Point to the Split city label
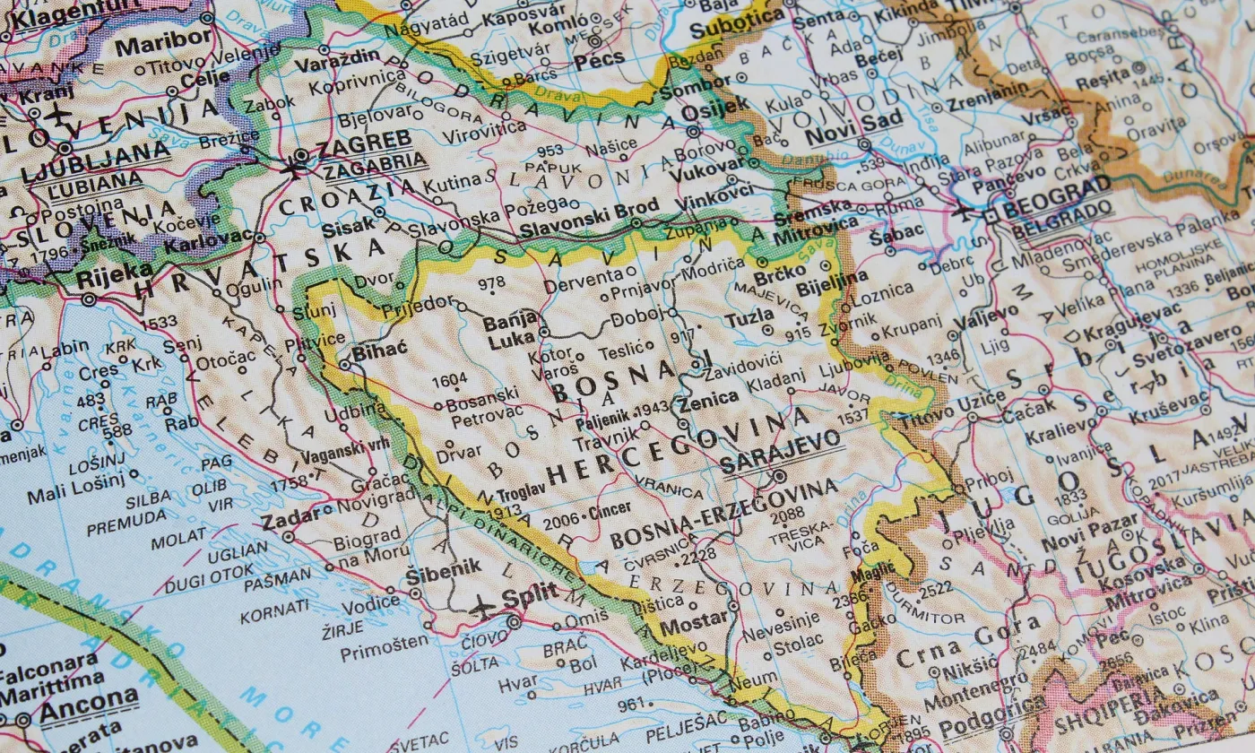pos(530,594)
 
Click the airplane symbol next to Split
pos(483,607)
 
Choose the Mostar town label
pos(694,620)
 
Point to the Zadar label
pos(289,521)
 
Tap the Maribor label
pos(163,44)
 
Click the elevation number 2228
pos(699,555)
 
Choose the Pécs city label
pos(601,61)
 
